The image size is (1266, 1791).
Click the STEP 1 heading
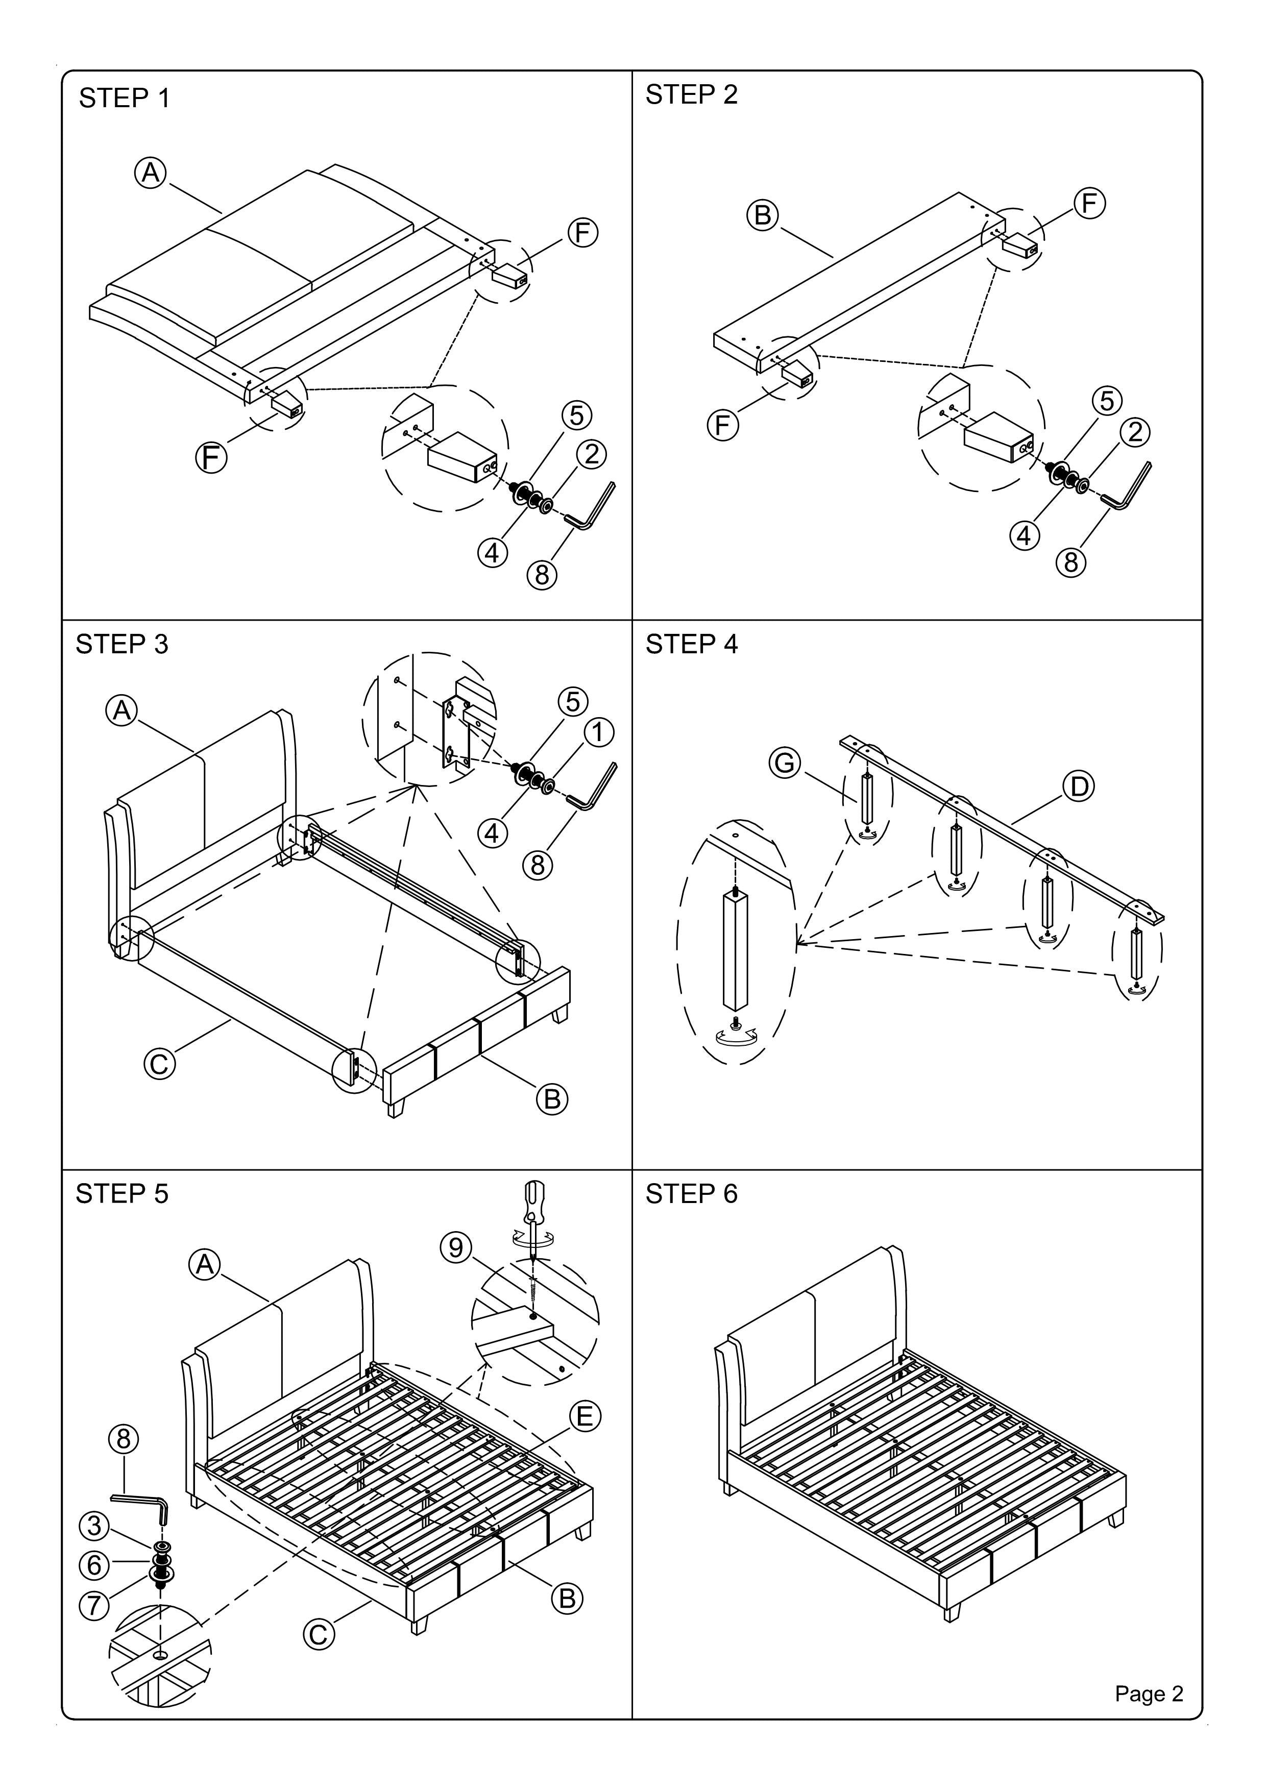(124, 99)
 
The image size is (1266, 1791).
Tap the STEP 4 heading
(691, 644)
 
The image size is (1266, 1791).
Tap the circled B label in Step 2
(763, 214)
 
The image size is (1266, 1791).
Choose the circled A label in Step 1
(151, 173)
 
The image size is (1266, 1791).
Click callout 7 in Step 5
(94, 1605)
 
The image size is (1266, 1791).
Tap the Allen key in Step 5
(140, 1503)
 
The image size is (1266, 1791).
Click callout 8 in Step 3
(538, 865)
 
